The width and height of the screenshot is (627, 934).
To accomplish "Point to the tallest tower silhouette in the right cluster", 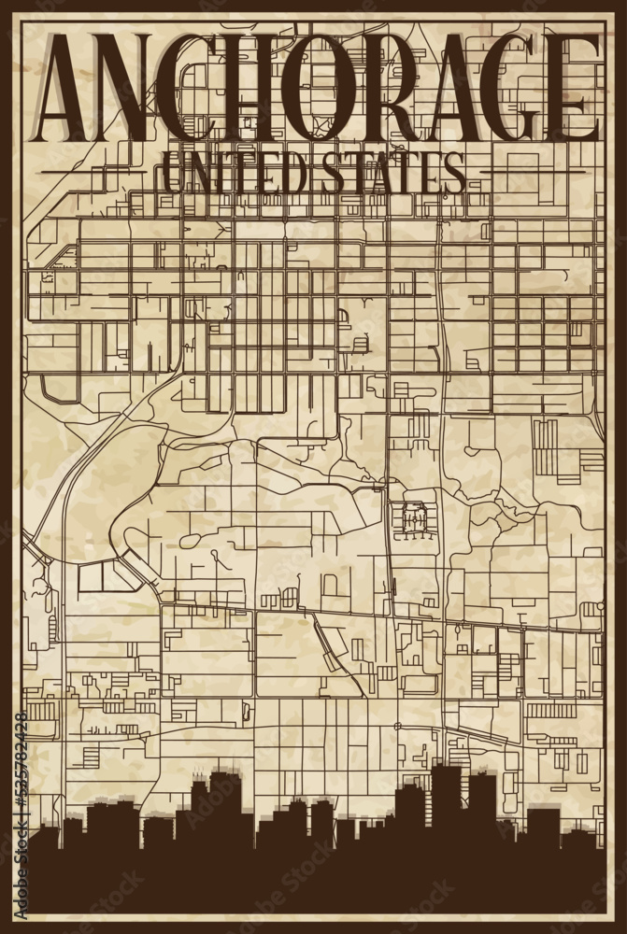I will click(x=447, y=794).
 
